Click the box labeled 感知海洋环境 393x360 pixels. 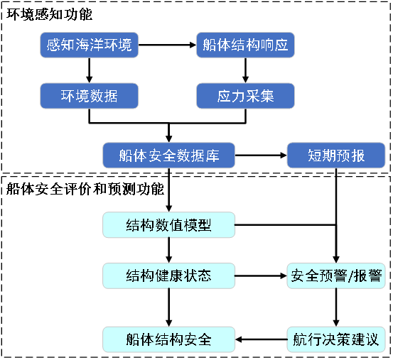90,45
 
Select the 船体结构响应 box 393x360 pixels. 245,45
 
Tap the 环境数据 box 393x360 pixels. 90,96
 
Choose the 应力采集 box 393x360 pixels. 245,96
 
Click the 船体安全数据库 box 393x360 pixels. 168,156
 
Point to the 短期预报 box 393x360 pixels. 336,156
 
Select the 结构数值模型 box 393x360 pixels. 168,225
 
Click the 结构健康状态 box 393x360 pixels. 168,276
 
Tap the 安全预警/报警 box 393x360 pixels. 336,276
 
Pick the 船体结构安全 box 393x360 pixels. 168,339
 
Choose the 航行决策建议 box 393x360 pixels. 336,339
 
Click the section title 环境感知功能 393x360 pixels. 49,14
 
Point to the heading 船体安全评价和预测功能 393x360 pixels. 85,189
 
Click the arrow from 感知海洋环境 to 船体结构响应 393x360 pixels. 167,45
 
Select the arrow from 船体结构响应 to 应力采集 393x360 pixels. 245,70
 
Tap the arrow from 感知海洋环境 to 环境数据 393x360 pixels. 90,70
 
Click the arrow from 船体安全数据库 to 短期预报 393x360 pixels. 261,156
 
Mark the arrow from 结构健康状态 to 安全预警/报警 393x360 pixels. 261,276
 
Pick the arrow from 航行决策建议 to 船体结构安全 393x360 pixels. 261,339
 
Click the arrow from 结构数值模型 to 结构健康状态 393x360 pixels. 168,250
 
